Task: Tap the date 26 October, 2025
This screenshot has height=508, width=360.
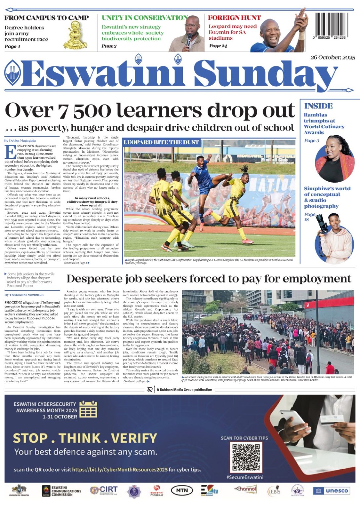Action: [x=333, y=57]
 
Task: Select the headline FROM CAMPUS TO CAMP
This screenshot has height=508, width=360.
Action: [x=47, y=18]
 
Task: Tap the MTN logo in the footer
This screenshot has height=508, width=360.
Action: [x=182, y=490]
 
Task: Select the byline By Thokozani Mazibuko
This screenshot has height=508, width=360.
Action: [x=24, y=295]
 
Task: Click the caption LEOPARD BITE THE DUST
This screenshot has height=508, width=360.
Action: [x=161, y=143]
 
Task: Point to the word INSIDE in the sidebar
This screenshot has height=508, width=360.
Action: [x=318, y=106]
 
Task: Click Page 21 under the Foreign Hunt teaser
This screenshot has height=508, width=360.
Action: [x=218, y=46]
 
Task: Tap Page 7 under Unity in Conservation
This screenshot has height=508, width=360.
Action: [x=109, y=46]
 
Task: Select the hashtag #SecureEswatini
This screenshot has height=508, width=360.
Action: [x=245, y=477]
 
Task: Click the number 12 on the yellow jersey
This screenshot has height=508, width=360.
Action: [x=158, y=192]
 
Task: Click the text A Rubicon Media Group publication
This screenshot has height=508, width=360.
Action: [x=184, y=390]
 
